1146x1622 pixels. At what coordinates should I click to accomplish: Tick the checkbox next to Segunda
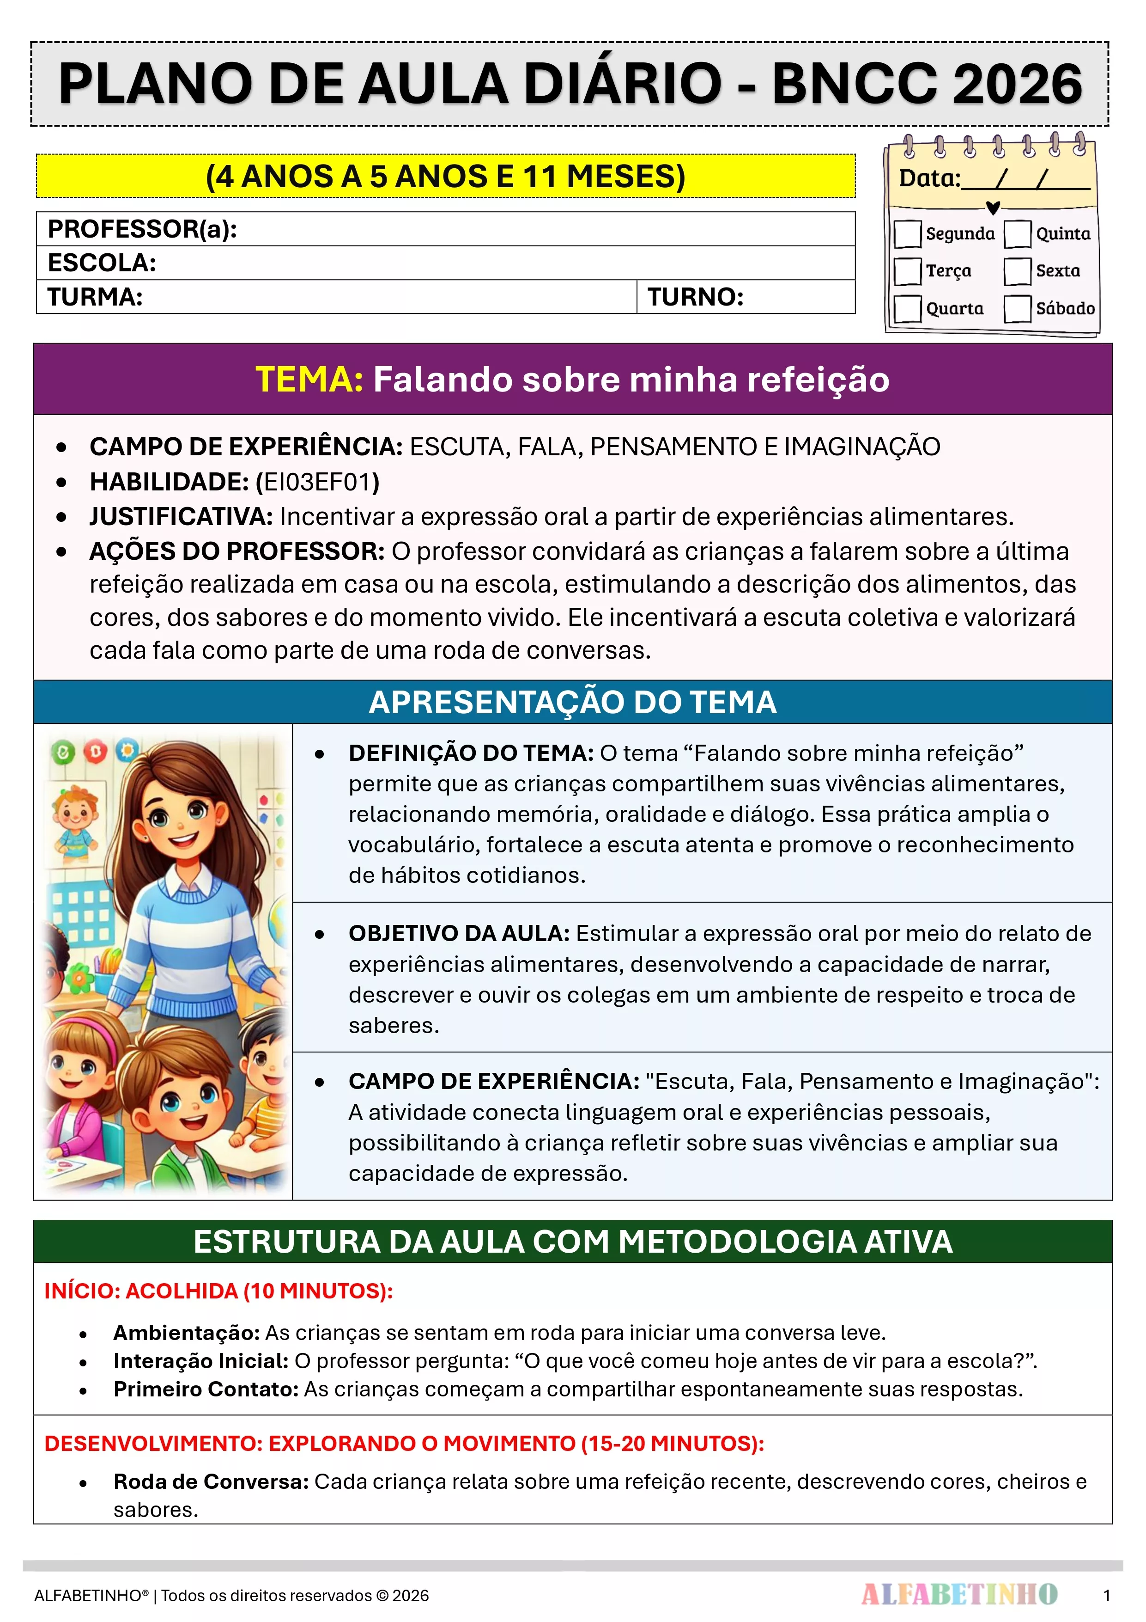907,234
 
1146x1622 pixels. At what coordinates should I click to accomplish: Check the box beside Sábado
1018,309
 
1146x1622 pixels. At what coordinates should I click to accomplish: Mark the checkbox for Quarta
907,309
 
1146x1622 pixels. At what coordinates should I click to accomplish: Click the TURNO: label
696,297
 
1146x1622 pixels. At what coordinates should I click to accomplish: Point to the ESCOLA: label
102,263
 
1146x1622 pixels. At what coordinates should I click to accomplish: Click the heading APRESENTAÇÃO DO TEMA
573,702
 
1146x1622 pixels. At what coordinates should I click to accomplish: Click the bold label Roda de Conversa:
211,1481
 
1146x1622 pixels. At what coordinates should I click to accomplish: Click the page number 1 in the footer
1106,1595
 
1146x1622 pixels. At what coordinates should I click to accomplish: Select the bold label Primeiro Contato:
206,1389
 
